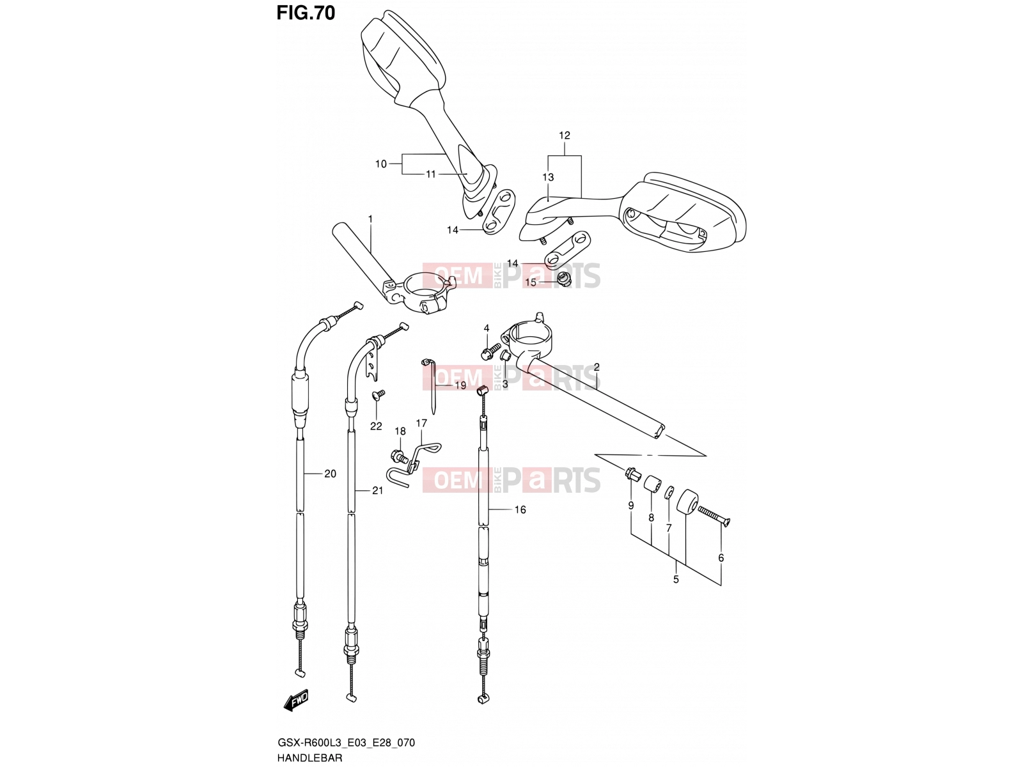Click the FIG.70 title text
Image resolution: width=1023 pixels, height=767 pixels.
point(305,13)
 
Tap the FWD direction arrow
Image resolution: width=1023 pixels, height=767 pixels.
point(296,700)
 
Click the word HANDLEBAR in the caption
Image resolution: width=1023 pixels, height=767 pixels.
point(309,757)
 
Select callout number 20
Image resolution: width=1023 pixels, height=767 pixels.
point(330,474)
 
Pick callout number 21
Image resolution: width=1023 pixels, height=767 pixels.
point(377,490)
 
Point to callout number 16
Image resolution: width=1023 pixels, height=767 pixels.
point(520,510)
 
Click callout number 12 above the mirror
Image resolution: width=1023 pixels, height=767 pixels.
point(565,136)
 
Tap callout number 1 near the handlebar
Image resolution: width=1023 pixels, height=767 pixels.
point(370,219)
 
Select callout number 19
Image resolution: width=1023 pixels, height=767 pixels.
point(460,385)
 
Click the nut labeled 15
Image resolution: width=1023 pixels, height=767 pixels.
point(565,279)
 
